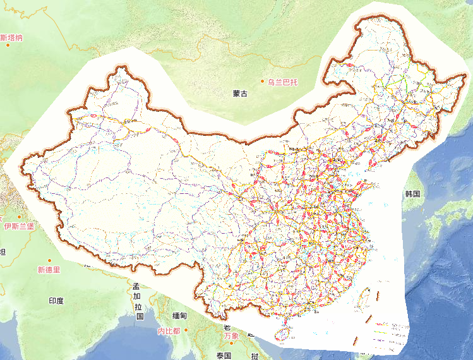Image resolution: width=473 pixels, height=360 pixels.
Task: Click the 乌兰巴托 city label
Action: click(282, 81)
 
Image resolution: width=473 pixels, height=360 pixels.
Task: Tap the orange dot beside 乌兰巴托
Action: click(263, 81)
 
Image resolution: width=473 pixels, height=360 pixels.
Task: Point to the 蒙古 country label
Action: click(240, 93)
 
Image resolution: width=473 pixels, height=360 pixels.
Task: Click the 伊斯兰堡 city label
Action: click(19, 226)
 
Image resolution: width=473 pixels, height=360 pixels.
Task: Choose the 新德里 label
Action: click(48, 270)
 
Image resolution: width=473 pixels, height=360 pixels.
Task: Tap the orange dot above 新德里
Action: click(49, 260)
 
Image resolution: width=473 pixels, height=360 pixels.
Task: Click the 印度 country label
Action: click(56, 301)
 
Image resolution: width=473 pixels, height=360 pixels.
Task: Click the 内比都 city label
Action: click(169, 331)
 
